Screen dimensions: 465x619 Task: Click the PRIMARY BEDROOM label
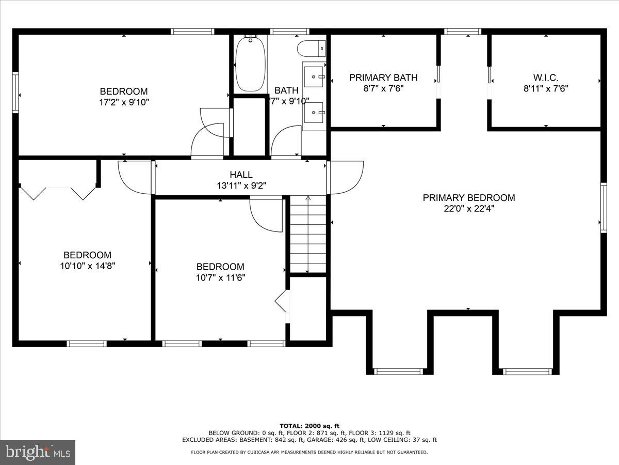click(x=468, y=197)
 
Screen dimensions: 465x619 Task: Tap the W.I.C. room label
click(x=546, y=78)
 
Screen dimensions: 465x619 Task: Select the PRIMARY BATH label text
click(x=383, y=78)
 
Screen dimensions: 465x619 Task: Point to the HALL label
click(x=241, y=175)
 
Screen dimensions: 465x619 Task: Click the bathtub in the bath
click(x=251, y=64)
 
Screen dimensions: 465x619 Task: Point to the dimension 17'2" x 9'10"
click(x=124, y=102)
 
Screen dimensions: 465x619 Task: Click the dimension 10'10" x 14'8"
click(x=87, y=266)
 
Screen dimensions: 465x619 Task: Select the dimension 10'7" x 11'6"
click(x=220, y=278)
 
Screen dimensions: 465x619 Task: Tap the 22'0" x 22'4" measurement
click(x=468, y=209)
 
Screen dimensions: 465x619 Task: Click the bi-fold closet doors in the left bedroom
click(x=58, y=193)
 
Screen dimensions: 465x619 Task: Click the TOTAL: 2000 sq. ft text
click(x=309, y=425)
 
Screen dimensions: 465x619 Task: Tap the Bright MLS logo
click(x=38, y=452)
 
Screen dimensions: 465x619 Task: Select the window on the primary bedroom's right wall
click(x=602, y=207)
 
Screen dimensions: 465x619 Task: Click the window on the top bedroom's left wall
click(x=16, y=93)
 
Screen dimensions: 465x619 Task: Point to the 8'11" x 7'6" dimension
click(x=546, y=88)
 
